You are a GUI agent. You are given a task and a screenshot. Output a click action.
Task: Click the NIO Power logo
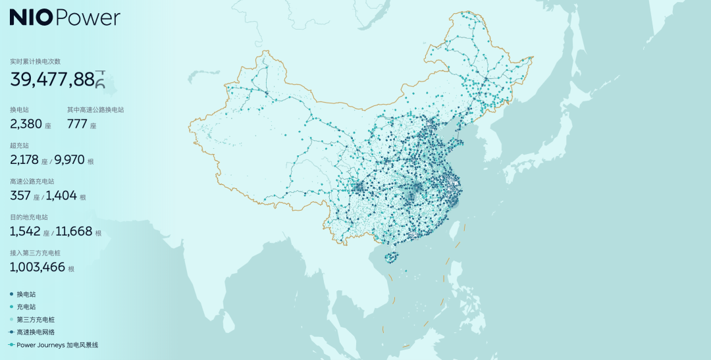coord(65,18)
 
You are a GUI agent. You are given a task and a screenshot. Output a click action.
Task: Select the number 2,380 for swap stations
coord(26,123)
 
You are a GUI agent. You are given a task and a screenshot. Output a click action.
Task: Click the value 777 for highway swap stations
coord(77,123)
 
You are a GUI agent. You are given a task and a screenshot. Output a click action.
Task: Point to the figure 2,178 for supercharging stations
coord(25,159)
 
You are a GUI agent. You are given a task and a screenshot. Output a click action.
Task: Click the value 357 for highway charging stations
coord(21,195)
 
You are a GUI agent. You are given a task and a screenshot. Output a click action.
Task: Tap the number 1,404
coord(61,195)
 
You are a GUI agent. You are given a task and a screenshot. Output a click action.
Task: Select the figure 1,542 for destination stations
coord(26,231)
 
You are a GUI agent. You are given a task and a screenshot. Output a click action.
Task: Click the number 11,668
coord(74,231)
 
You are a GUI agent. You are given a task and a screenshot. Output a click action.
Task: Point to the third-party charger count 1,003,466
coord(38,267)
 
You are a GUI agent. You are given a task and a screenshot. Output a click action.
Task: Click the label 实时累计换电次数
coord(35,61)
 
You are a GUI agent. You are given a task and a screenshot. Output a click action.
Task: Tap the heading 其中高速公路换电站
coord(95,109)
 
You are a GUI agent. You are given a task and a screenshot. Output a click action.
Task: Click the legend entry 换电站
coord(26,294)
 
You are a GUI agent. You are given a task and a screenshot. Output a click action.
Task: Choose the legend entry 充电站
coord(26,307)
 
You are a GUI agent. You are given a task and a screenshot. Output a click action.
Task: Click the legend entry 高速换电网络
coord(36,332)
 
